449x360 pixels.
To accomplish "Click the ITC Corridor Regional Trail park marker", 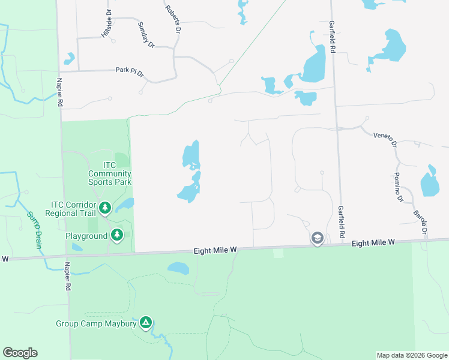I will point(105,208).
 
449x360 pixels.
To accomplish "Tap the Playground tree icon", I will point(118,234).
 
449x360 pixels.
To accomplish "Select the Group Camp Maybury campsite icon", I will point(145,323).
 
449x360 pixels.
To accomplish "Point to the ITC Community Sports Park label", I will point(109,173).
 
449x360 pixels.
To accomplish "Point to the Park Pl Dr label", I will point(130,72).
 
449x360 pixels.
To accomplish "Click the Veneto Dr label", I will point(385,139).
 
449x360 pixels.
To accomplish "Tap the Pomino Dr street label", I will point(397,186).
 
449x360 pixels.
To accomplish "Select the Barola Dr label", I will point(420,221).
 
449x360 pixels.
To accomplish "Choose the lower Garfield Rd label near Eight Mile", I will point(341,221).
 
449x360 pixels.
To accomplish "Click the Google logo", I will point(20,353).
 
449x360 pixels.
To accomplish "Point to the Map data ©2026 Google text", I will point(412,355).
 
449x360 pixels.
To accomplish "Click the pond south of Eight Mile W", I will point(178,268).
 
